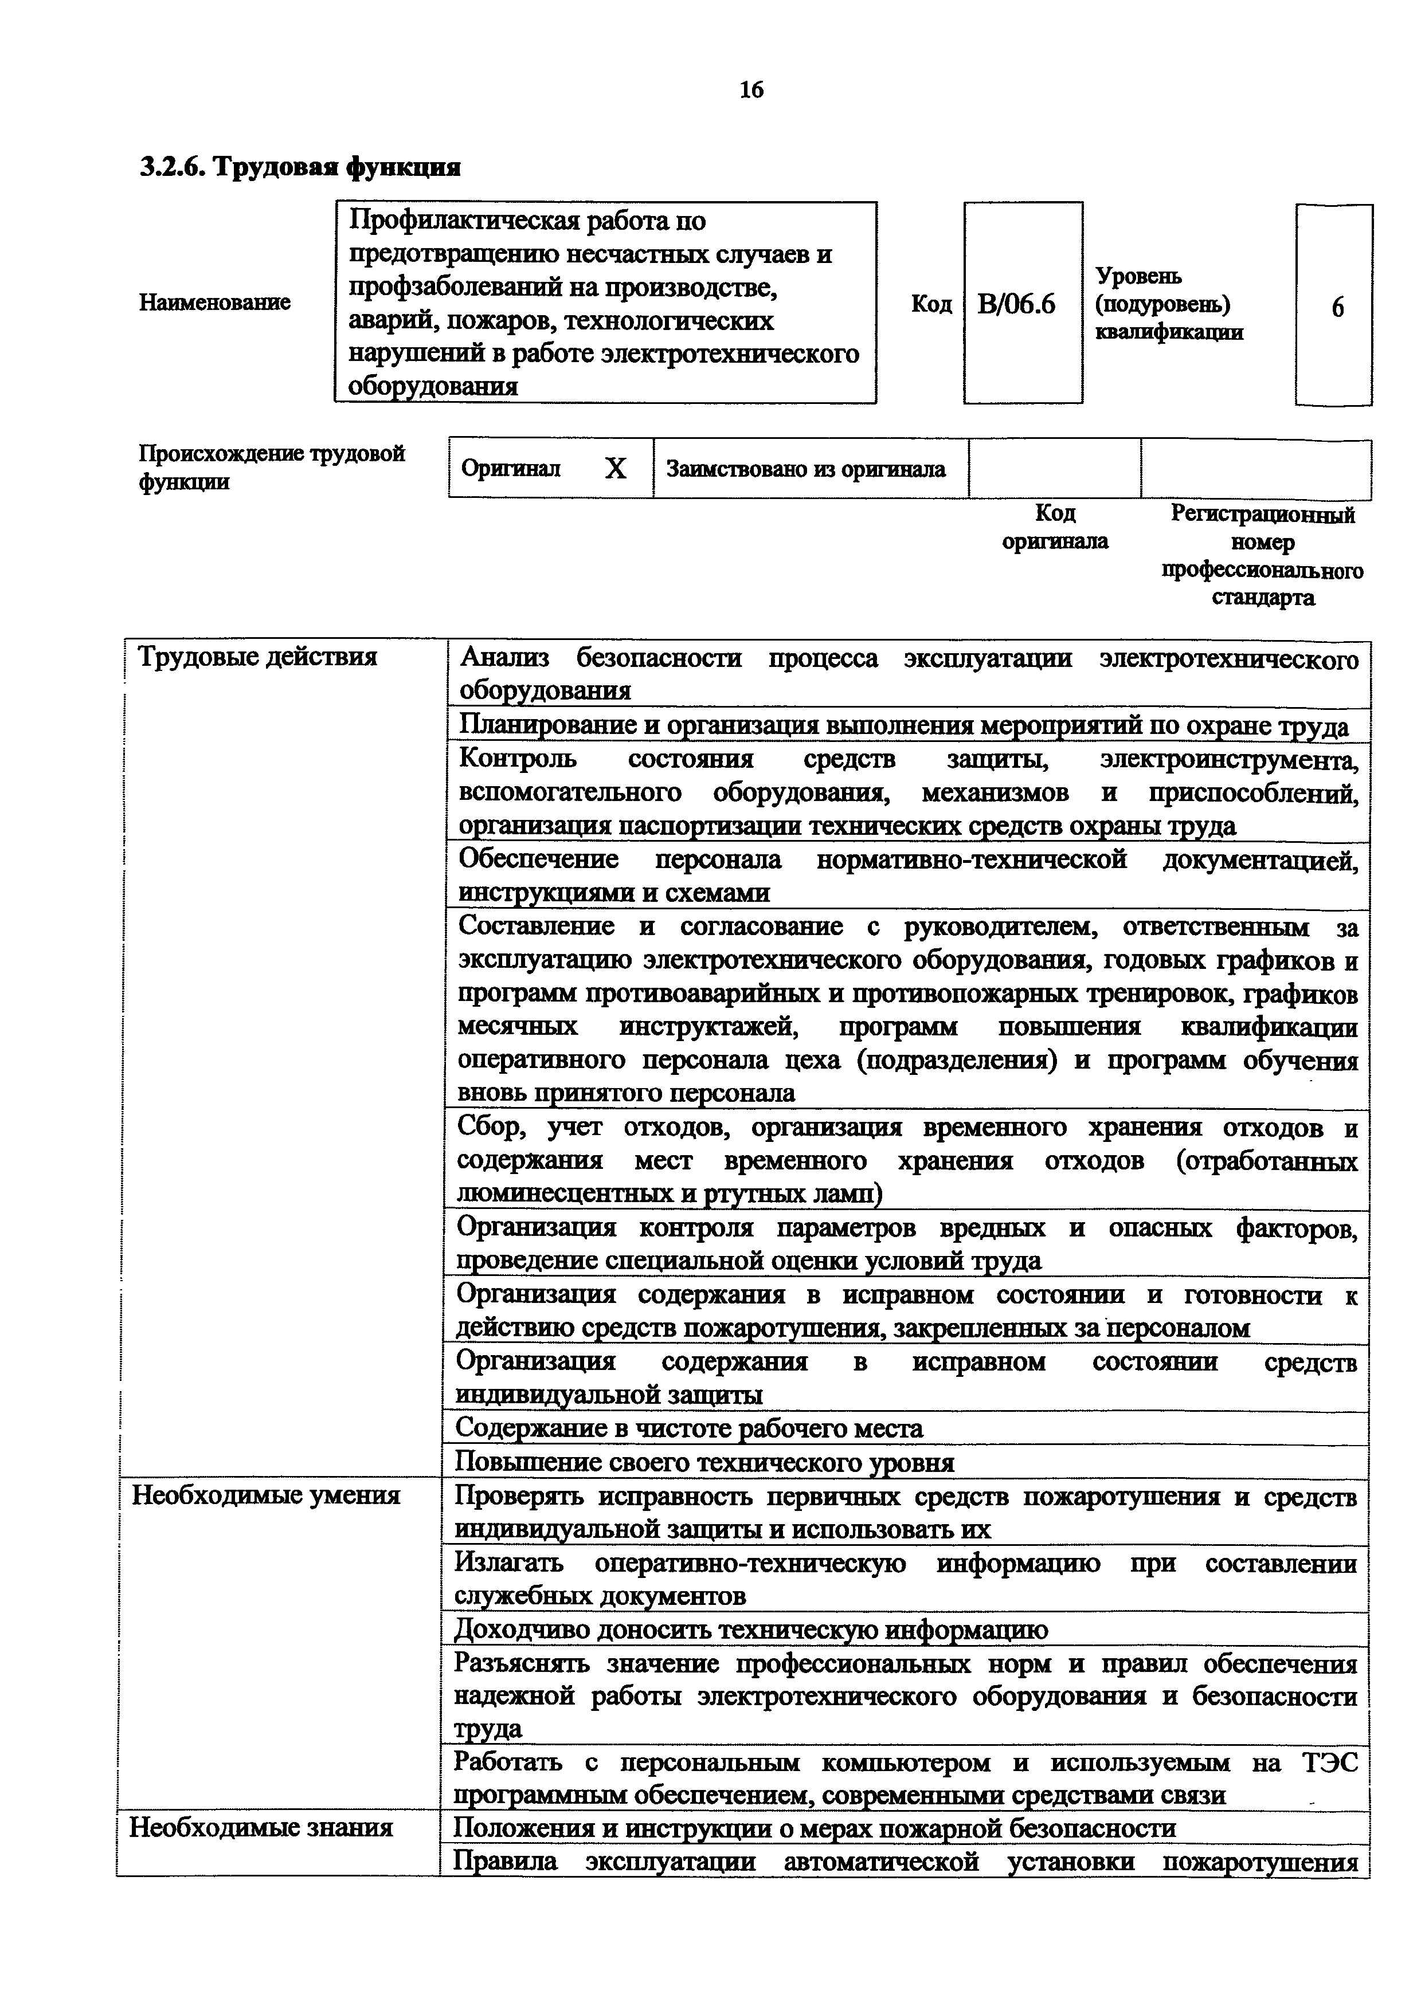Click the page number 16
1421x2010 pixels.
751,89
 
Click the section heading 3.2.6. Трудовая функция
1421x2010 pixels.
300,166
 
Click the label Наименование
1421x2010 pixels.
214,303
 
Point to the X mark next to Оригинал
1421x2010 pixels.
616,470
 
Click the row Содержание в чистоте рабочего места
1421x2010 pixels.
688,1428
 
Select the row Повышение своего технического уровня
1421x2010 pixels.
704,1462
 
